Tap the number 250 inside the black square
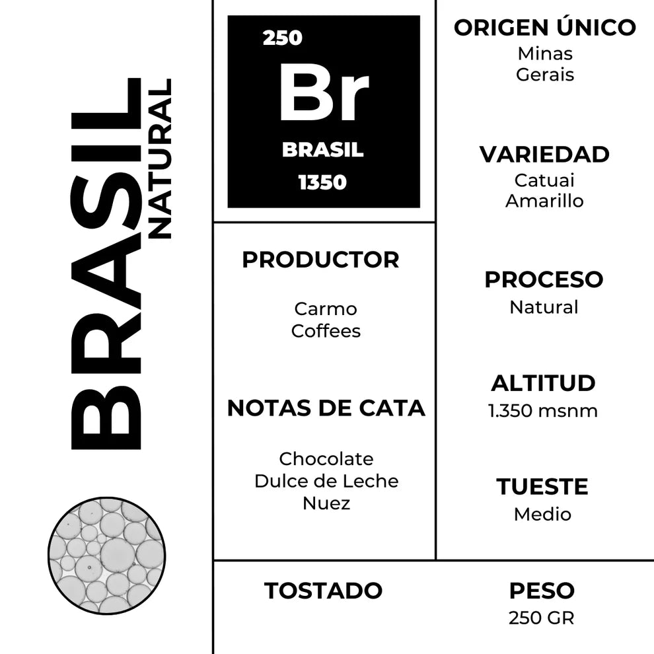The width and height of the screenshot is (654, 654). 282,38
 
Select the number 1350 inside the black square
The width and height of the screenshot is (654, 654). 322,182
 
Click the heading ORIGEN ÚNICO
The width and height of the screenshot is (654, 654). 544,28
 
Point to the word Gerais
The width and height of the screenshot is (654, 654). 545,74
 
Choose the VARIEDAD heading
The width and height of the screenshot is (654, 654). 544,155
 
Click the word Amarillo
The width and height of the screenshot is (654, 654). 544,201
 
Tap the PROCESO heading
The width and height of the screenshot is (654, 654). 544,279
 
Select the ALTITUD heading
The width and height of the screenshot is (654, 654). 543,383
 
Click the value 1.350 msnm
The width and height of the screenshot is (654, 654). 543,411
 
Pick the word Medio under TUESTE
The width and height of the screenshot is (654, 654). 542,514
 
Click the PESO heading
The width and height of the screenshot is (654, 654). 542,591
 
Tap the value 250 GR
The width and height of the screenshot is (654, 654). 542,618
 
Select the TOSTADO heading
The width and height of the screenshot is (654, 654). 323,591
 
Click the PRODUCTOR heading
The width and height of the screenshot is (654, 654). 320,260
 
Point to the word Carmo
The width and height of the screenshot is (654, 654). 326,309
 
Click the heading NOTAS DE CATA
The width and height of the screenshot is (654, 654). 326,408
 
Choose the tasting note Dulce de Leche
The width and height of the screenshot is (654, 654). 326,481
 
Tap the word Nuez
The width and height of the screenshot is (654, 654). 326,503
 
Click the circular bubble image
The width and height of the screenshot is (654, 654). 107,556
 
